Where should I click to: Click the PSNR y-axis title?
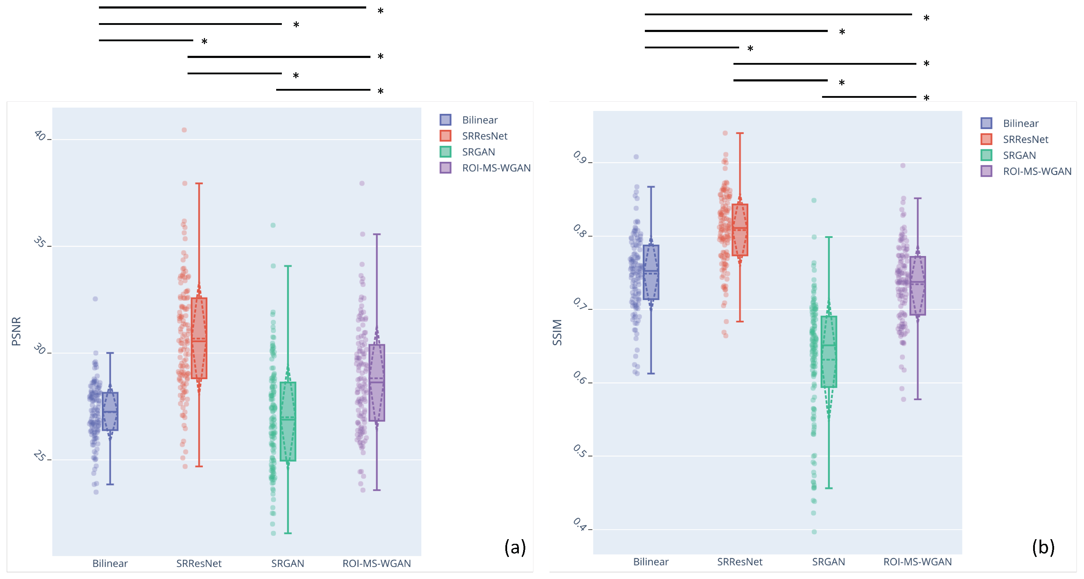pos(16,331)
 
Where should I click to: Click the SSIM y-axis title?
pos(557,332)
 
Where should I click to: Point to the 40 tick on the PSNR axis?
pos(41,136)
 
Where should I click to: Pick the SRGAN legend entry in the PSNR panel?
pos(478,152)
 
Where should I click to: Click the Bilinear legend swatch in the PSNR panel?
pos(445,120)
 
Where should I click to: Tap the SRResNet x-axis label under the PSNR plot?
pos(199,563)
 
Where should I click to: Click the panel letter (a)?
pos(515,547)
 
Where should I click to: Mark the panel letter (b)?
pos(1043,547)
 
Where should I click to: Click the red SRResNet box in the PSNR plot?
pos(199,338)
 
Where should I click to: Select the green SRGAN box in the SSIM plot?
pos(828,351)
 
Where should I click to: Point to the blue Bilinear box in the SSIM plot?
pos(651,272)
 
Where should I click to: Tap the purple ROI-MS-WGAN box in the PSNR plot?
pos(377,383)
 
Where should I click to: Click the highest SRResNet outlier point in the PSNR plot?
pos(184,130)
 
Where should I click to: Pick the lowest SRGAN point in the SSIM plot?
pos(814,532)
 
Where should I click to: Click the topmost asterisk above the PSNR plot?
pos(380,11)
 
